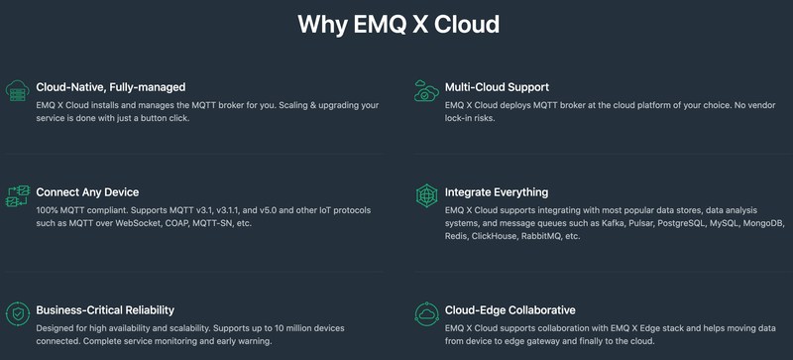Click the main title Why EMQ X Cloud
click(x=398, y=25)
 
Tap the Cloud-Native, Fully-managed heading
click(x=111, y=87)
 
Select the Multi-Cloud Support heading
click(x=498, y=87)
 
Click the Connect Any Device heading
click(x=87, y=192)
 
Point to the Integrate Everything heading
click(x=497, y=192)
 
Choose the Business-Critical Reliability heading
click(x=105, y=309)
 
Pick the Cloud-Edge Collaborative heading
click(x=510, y=309)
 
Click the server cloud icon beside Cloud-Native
click(x=18, y=90)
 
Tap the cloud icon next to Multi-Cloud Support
click(x=426, y=90)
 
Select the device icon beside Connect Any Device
click(x=18, y=196)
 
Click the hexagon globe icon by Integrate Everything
click(x=426, y=196)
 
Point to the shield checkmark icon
click(x=18, y=314)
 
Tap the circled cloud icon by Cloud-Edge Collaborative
click(x=426, y=314)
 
